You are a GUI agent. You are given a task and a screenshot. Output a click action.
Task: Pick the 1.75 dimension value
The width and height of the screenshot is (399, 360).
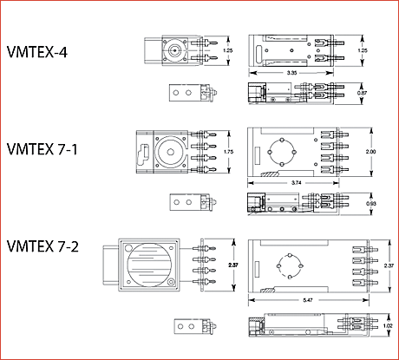(228, 152)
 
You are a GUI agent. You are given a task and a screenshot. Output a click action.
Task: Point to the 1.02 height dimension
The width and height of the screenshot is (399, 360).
(388, 327)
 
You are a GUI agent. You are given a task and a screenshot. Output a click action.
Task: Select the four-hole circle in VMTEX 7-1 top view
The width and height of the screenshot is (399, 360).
(285, 151)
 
